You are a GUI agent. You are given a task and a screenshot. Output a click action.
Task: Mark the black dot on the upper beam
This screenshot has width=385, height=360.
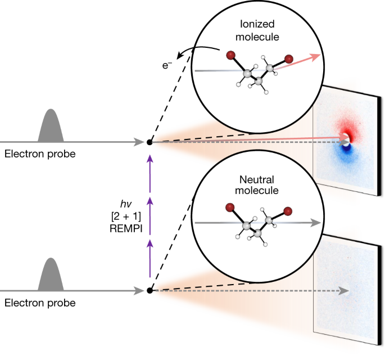(x=150, y=142)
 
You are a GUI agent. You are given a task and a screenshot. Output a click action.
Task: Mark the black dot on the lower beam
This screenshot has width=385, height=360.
(x=150, y=291)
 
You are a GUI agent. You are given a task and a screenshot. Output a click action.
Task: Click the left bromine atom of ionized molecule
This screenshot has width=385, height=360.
(x=231, y=55)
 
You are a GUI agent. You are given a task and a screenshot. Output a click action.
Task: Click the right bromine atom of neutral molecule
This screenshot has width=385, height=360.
(x=288, y=211)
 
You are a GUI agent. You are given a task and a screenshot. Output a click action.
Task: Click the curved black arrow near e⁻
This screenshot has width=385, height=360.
(x=197, y=49)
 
